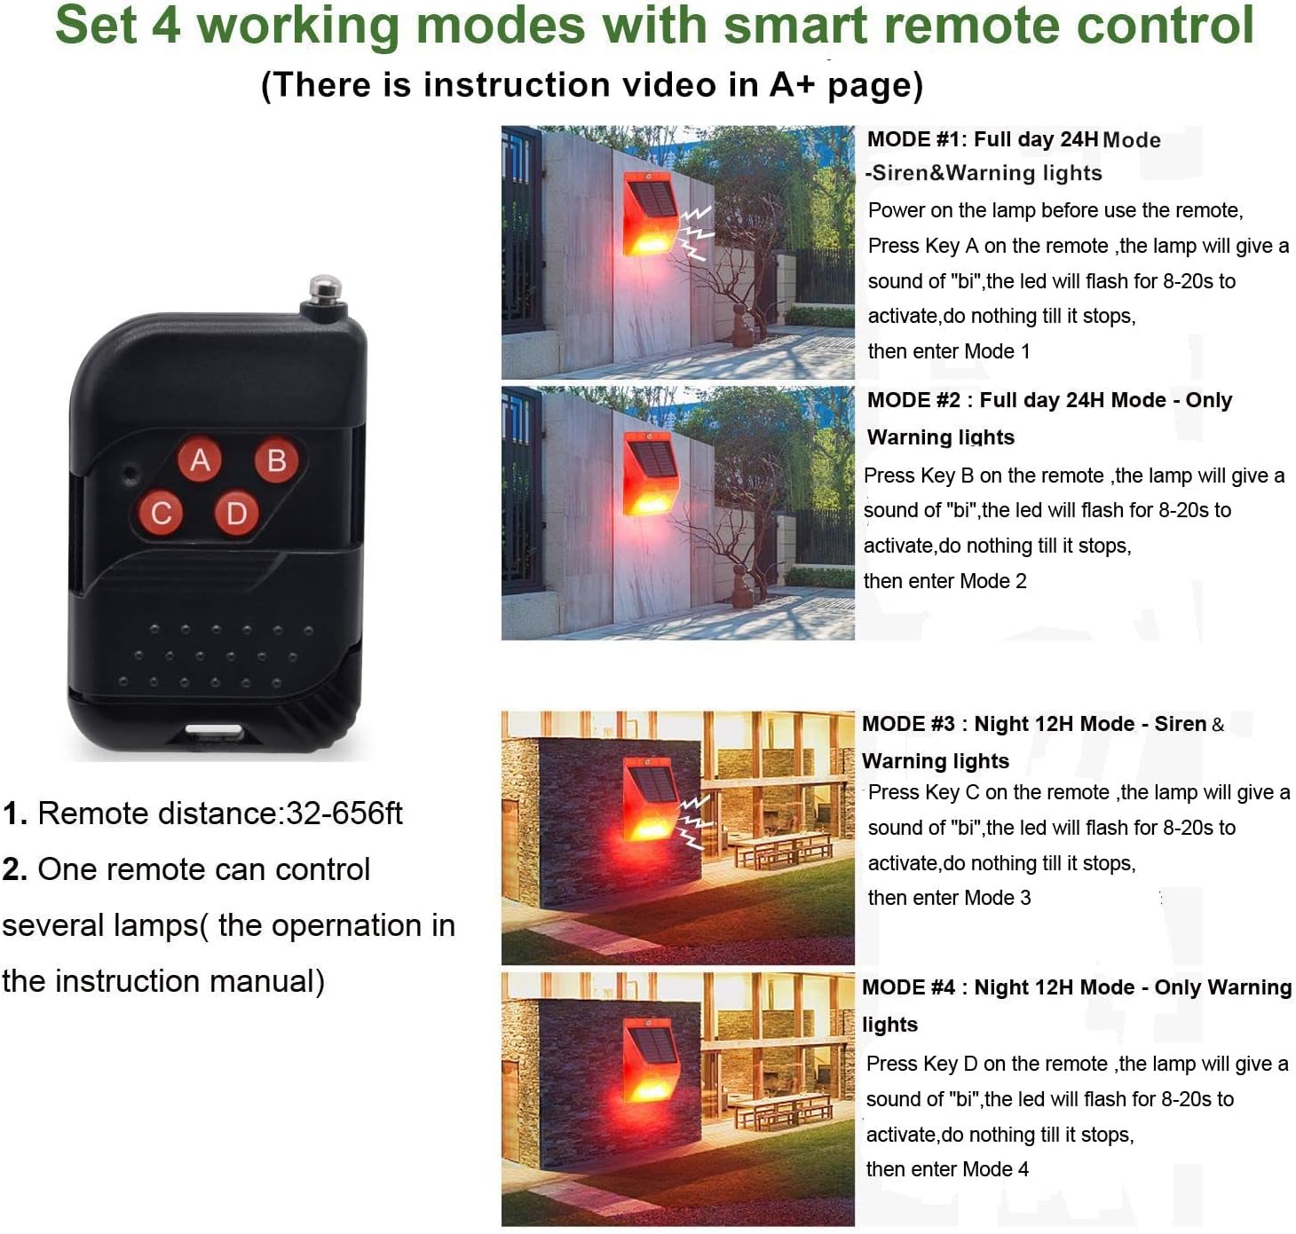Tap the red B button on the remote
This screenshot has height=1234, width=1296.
276,460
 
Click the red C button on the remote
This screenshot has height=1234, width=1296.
162,513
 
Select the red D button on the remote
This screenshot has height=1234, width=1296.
236,513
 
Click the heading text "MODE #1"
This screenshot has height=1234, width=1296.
916,139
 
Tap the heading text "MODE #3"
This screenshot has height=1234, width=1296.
908,723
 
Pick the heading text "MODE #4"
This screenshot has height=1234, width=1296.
908,986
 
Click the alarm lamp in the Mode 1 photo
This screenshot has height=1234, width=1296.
649,214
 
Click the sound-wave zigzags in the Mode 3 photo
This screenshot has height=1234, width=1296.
694,821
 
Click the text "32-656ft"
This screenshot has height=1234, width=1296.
344,813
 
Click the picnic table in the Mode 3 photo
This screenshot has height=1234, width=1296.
781,849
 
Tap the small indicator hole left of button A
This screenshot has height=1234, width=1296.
130,472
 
